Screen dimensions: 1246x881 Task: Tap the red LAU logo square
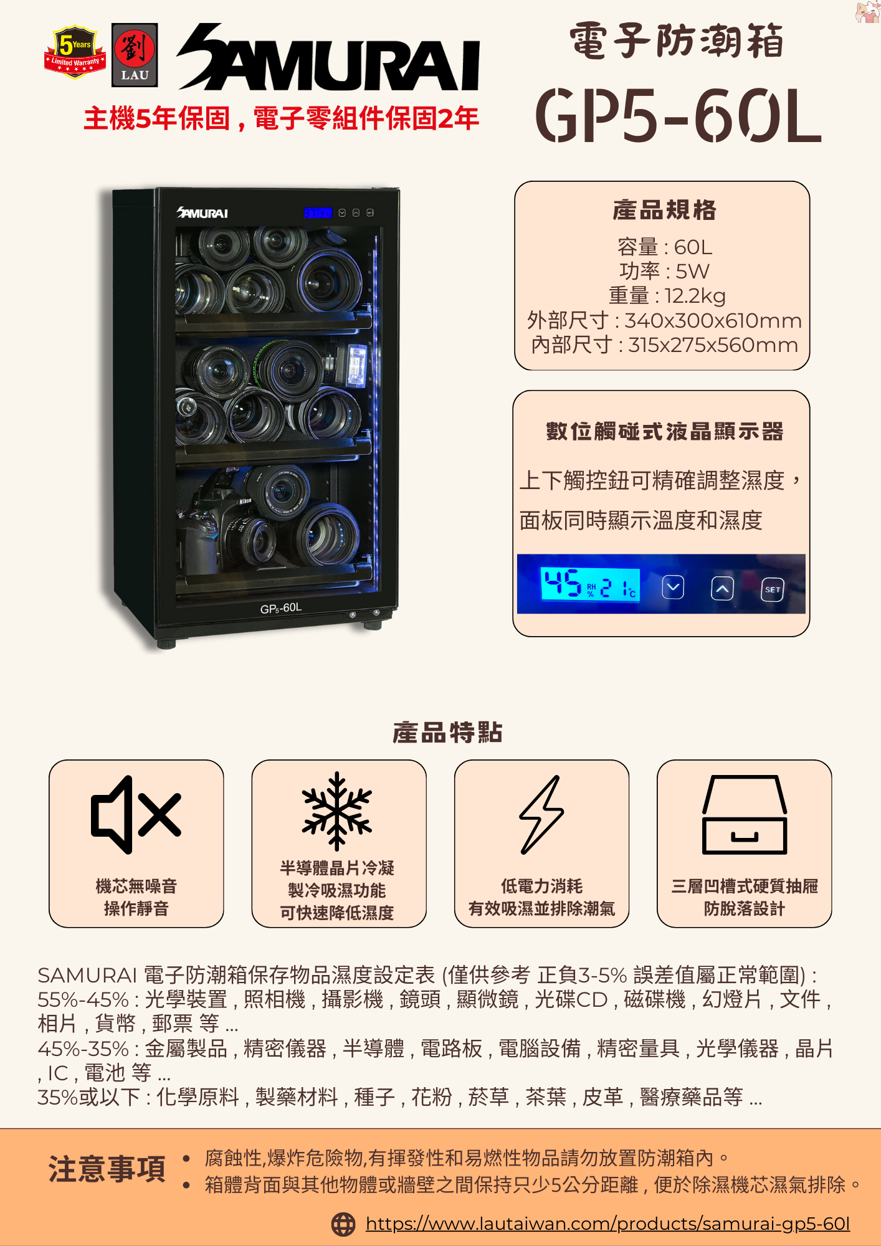[x=135, y=55]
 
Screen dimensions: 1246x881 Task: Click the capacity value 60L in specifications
[x=693, y=247]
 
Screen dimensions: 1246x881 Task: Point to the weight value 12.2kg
[x=695, y=295]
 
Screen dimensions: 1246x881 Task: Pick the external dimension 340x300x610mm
[x=713, y=320]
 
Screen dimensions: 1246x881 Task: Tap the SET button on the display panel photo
[x=772, y=589]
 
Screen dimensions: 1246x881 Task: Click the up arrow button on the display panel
[x=722, y=588]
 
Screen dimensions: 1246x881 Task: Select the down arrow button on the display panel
[x=673, y=587]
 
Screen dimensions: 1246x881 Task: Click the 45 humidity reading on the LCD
[x=563, y=584]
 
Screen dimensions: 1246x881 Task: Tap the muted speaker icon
[x=136, y=814]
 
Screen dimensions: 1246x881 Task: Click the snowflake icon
[x=337, y=811]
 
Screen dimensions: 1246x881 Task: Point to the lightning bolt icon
[x=541, y=814]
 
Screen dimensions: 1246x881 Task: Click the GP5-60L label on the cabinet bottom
[x=280, y=607]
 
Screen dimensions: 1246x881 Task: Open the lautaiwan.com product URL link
[x=607, y=1224]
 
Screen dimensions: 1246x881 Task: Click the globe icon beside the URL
[x=343, y=1224]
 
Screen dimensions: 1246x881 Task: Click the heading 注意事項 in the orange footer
[x=107, y=1169]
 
